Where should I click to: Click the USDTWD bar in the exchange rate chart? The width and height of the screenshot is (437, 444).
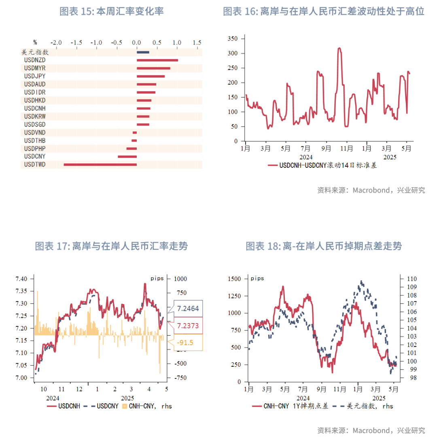(x=100, y=165)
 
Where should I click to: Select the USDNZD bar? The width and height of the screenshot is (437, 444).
(x=157, y=60)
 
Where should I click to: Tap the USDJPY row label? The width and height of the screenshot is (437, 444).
(x=35, y=76)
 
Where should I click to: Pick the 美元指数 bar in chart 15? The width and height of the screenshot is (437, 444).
(x=143, y=52)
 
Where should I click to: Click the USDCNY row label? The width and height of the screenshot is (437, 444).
(x=35, y=156)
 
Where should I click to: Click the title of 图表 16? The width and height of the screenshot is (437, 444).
(x=323, y=11)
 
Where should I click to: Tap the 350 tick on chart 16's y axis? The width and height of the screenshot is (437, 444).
(x=232, y=38)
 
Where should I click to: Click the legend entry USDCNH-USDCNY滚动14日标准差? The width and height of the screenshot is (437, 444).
(x=322, y=165)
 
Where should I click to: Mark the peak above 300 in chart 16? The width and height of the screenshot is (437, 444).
(x=339, y=48)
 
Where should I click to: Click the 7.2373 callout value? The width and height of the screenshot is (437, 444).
(x=187, y=325)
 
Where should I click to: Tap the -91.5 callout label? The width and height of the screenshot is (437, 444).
(x=185, y=342)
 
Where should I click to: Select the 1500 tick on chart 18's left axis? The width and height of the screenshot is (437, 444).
(x=234, y=279)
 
